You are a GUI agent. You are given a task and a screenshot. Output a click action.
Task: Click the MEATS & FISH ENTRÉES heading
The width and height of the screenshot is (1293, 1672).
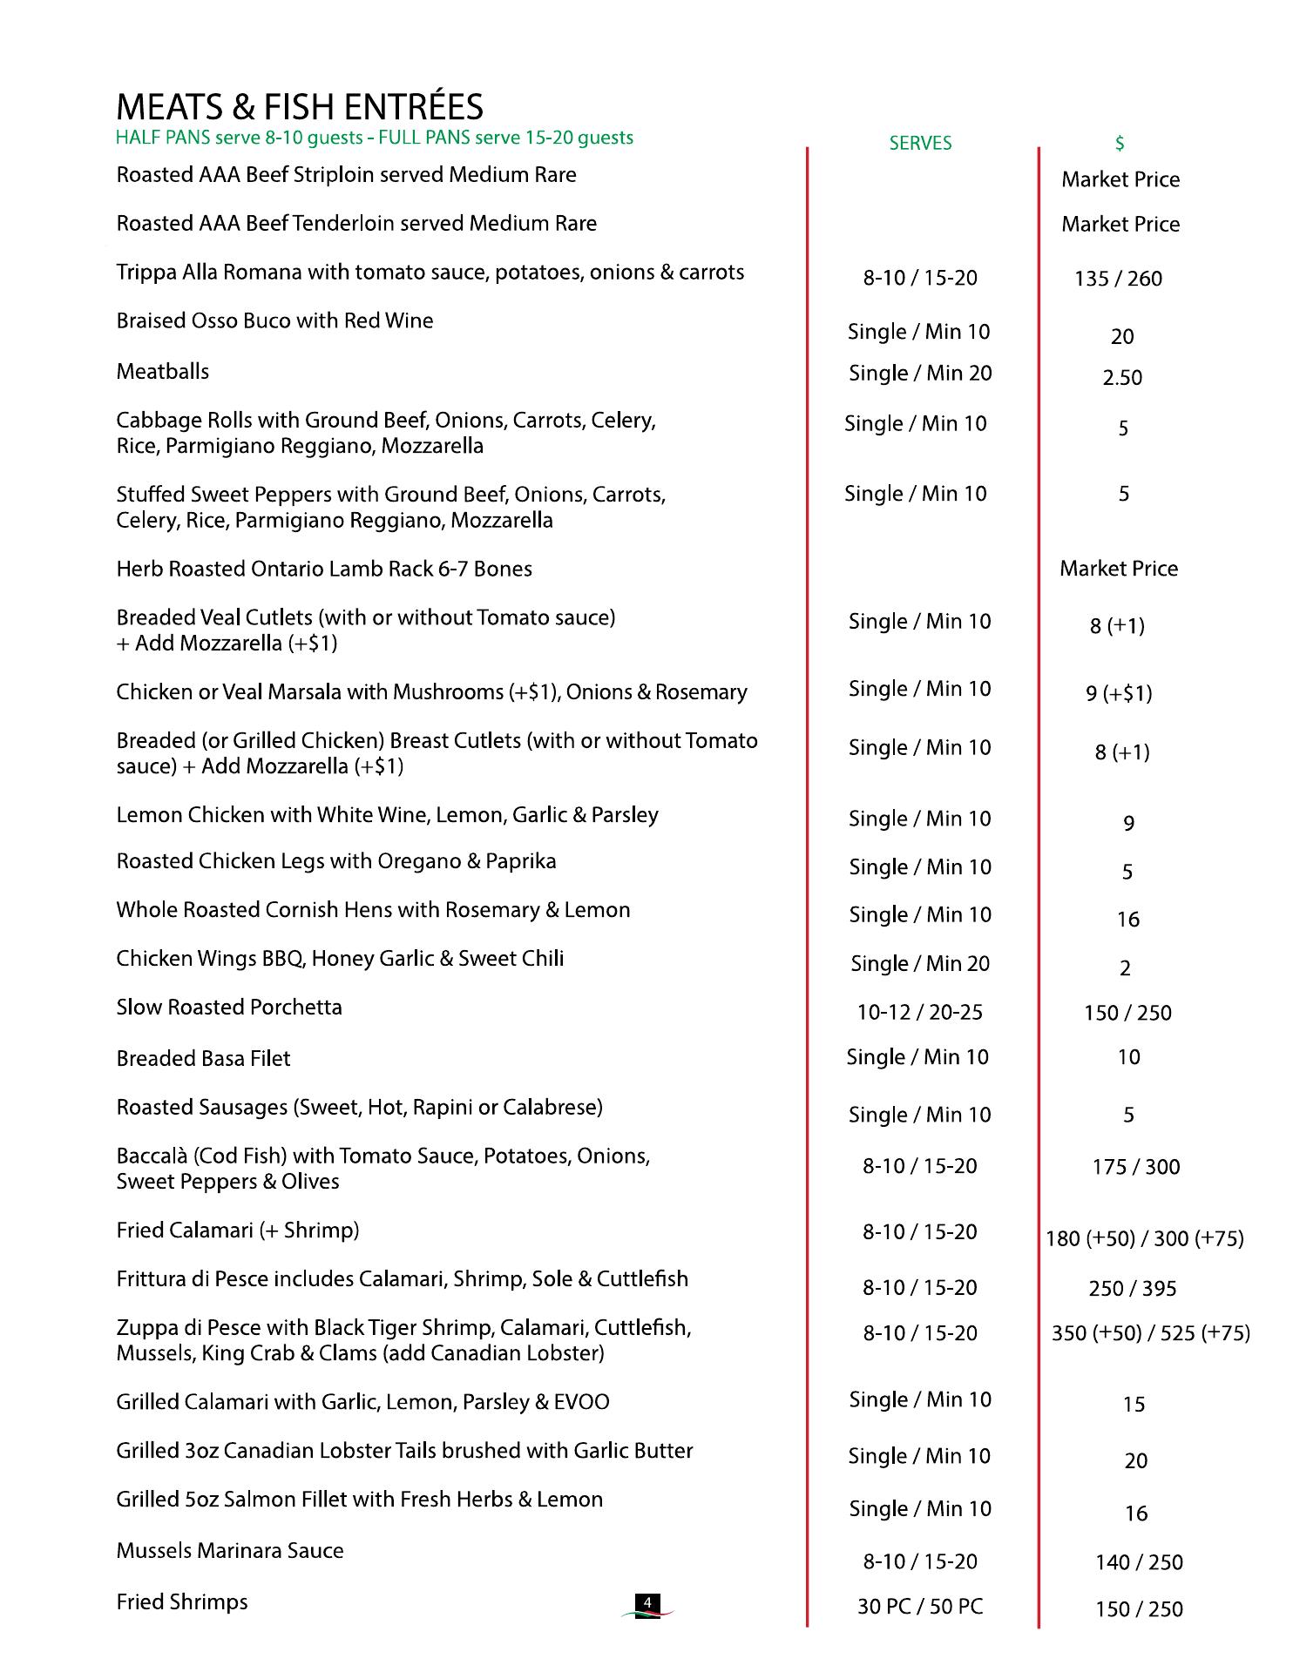pos(300,107)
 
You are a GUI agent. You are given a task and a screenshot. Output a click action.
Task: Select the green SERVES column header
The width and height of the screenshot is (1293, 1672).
pos(920,144)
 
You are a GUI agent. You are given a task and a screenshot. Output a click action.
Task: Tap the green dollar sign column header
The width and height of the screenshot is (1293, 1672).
pos(1120,144)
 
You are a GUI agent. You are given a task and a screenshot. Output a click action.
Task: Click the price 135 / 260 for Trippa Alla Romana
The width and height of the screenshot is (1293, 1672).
pos(1119,279)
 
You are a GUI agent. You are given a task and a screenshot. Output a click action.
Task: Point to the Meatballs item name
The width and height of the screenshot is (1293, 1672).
pos(163,372)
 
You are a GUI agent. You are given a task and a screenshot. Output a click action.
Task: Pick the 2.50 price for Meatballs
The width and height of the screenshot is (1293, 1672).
pos(1122,378)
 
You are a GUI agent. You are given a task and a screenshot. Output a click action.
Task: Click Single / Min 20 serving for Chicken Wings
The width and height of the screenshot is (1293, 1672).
pos(920,964)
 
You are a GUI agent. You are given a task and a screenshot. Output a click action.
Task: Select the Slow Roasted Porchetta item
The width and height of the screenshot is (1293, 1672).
pos(229,1008)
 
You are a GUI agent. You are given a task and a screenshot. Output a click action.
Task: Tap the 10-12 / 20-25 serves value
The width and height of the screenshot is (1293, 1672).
pos(920,1013)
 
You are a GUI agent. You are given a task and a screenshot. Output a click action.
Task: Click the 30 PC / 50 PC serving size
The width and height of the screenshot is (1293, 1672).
pos(920,1607)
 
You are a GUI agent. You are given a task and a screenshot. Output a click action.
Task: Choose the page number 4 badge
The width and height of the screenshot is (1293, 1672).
pos(647,1603)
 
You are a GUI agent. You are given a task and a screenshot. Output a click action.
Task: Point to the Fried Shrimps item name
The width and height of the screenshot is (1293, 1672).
pos(182,1602)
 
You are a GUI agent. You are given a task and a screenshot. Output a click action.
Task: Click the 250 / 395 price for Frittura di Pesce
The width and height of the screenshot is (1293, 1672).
pos(1133,1289)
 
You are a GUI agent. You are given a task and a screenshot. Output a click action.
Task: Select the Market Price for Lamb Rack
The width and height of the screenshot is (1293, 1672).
pos(1119,569)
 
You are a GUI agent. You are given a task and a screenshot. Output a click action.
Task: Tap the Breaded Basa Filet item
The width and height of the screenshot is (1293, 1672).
pos(203,1059)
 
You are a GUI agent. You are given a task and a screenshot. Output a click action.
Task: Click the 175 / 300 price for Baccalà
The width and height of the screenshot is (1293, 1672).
pos(1136,1167)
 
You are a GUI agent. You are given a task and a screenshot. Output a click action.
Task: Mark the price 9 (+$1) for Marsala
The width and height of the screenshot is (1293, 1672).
pos(1119,694)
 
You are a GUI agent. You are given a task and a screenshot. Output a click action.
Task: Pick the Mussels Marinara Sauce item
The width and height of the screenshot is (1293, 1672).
pos(230,1551)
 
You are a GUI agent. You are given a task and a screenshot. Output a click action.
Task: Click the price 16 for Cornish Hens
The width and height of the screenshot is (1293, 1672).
pos(1128,920)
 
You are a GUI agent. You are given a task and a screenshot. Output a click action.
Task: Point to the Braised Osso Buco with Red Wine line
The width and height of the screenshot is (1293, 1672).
pos(274,321)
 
